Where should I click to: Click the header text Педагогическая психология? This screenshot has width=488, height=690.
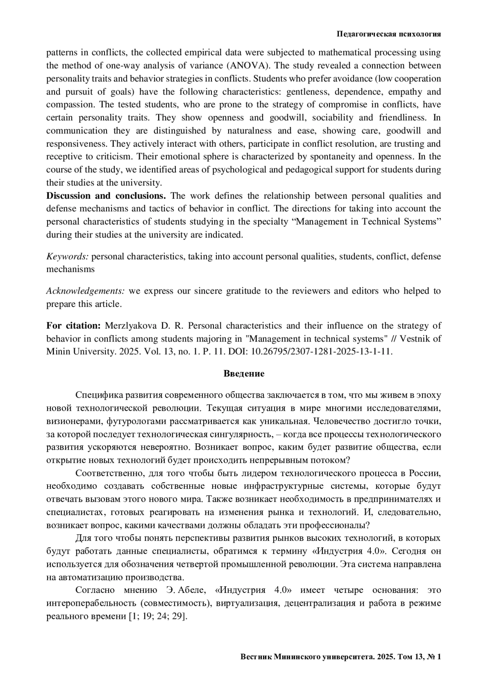click(x=389, y=34)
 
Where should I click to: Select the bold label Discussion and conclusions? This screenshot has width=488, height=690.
click(x=106, y=196)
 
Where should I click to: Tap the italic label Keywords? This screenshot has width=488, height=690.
click(x=68, y=256)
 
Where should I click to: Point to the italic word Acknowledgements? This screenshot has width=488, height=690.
click(x=85, y=291)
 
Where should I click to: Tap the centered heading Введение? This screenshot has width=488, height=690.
click(x=244, y=373)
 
